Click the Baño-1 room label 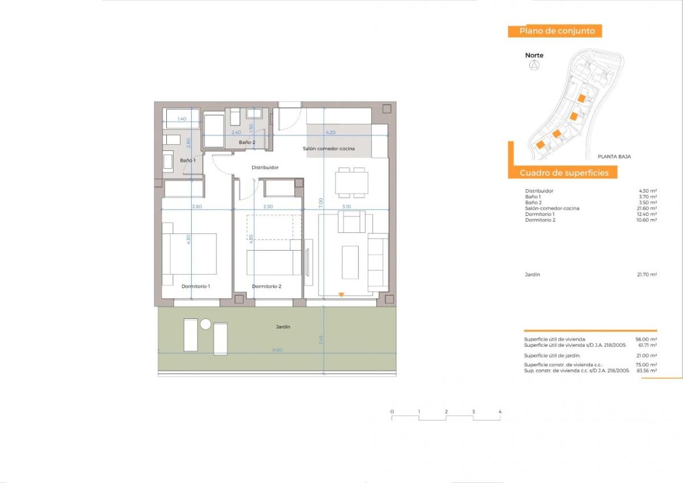(x=188, y=161)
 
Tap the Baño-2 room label (x=247, y=142)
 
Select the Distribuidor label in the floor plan (x=265, y=167)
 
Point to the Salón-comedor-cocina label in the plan (x=329, y=149)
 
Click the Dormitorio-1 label (x=196, y=286)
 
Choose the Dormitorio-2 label (x=266, y=286)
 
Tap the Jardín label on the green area (x=283, y=327)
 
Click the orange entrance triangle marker (x=341, y=294)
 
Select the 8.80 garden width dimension (x=277, y=350)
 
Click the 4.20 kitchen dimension (x=330, y=132)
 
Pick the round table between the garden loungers (x=205, y=324)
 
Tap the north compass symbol (x=534, y=66)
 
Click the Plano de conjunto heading (x=557, y=31)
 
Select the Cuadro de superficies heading (x=563, y=173)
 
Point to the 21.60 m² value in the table (x=647, y=208)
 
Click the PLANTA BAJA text (x=614, y=156)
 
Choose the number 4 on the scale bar (x=500, y=411)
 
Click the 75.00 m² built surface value (x=647, y=365)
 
